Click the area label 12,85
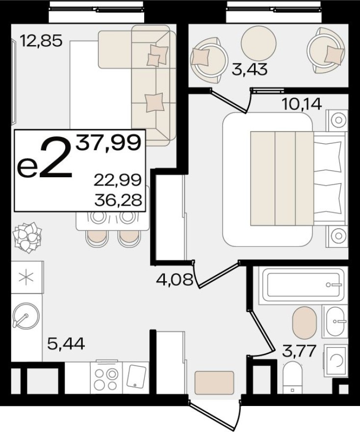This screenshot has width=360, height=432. pyautogui.click(x=41, y=40)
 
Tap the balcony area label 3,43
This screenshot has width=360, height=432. pyautogui.click(x=250, y=70)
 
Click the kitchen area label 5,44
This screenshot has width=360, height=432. pyautogui.click(x=66, y=343)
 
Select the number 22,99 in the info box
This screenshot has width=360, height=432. pyautogui.click(x=120, y=180)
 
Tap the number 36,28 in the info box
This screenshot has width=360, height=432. pyautogui.click(x=120, y=200)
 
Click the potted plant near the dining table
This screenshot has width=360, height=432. pyautogui.click(x=27, y=237)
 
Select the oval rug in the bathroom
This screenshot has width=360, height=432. pyautogui.click(x=305, y=323)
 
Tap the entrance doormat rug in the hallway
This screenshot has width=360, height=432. pyautogui.click(x=214, y=383)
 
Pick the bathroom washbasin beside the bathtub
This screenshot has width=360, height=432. pyautogui.click(x=335, y=322)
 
